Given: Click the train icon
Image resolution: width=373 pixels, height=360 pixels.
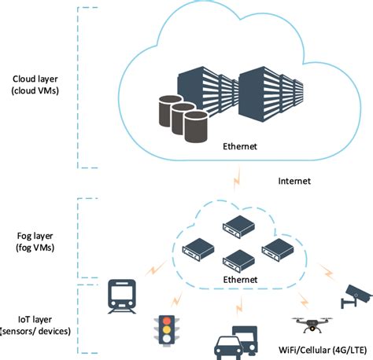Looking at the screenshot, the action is point(122,296).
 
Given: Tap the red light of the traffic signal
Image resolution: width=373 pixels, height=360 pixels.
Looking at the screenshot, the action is point(167,321).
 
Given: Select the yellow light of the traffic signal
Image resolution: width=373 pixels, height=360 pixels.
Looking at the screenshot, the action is point(167,329).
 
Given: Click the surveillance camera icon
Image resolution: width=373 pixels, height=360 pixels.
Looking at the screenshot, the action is point(356,296).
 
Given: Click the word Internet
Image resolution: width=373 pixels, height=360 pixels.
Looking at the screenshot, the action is point(294,181).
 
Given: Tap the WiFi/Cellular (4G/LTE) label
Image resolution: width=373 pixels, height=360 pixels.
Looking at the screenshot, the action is point(323,350).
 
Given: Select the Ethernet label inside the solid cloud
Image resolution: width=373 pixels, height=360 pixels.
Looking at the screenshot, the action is point(240,146).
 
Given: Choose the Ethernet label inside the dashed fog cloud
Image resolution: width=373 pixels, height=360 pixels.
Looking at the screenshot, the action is point(240,280).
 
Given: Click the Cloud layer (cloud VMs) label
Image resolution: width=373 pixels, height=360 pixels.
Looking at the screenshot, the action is point(35,85).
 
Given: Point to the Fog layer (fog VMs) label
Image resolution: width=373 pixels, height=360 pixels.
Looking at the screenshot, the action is point(35,241).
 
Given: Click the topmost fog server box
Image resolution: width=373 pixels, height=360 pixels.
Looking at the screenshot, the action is point(238,226).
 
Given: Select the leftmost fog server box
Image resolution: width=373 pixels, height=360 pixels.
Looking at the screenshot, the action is point(198,249).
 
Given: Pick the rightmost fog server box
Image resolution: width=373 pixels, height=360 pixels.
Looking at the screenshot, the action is point(278,250).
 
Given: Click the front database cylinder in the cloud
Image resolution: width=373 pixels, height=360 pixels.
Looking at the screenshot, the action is point(196,127).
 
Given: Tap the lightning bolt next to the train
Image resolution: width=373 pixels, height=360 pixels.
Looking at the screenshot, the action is point(156,268).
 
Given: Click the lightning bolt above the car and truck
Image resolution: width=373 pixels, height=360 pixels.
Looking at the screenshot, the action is point(239,306).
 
